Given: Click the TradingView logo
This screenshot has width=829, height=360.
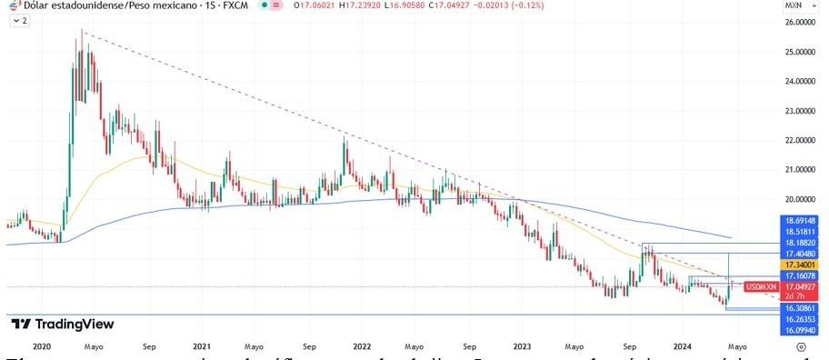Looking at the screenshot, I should click(x=62, y=324).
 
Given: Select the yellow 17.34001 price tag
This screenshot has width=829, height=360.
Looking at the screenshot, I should click(x=798, y=263).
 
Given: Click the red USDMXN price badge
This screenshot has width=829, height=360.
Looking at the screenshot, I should click(x=760, y=287).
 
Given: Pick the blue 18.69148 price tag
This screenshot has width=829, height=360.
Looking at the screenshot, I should click(x=798, y=220).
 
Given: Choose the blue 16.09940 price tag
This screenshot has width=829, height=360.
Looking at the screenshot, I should click(x=798, y=331).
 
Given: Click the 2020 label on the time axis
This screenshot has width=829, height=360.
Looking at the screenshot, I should click(x=41, y=346).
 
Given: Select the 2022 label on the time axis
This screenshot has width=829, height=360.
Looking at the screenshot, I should click(x=362, y=346).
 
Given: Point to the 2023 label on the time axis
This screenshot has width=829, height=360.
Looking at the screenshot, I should click(x=522, y=346).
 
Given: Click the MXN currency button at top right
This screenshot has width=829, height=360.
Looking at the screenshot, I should click(x=792, y=5).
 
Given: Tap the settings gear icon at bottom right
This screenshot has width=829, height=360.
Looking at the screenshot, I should click(x=800, y=346).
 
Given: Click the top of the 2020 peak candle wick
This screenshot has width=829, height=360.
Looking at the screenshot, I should click(x=83, y=30).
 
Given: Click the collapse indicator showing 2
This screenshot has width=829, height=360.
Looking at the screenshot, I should click(x=20, y=20).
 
